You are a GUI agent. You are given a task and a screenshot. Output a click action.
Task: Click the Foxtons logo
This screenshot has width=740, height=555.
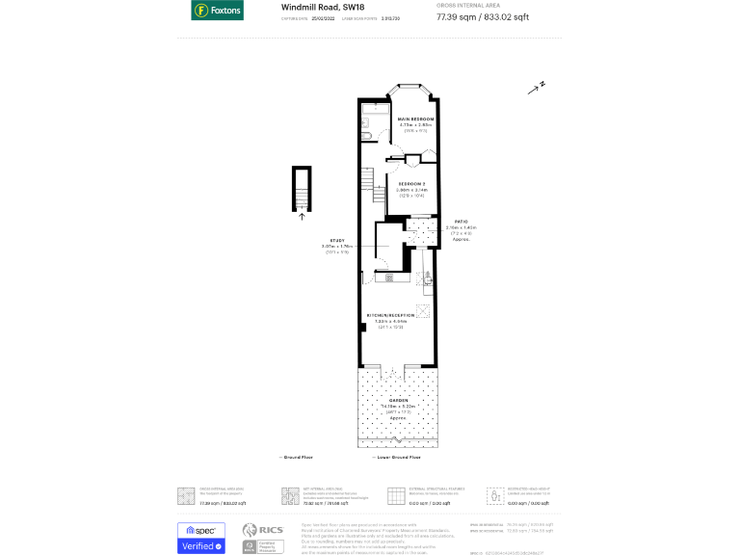point(217,11)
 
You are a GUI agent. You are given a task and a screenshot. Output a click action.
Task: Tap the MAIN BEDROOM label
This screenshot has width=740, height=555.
point(416,119)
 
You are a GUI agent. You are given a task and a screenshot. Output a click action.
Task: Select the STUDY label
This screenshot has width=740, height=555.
point(337,240)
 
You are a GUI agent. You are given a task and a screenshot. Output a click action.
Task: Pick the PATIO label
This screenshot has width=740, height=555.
point(461,222)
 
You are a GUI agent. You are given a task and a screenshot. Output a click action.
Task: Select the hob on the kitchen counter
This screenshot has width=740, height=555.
point(388,277)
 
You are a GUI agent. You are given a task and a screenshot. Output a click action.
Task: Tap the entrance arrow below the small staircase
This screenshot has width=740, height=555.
point(301,218)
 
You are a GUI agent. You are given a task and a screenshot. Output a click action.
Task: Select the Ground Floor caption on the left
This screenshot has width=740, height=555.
point(295,457)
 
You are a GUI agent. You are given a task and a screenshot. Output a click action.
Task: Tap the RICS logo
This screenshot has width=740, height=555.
point(261,531)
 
